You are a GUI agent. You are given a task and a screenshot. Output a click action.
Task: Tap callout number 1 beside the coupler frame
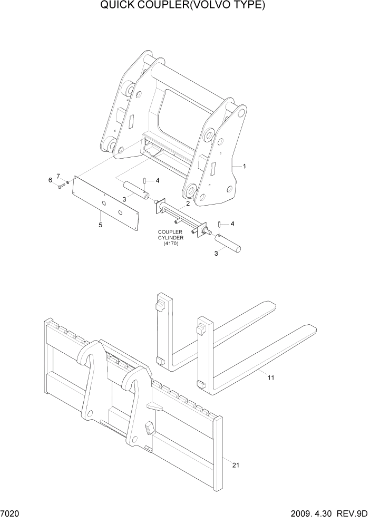pos(245,166)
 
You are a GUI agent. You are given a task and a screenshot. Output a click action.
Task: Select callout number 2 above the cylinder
pos(187,204)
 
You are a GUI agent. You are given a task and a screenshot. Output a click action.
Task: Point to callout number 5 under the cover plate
pos(100,225)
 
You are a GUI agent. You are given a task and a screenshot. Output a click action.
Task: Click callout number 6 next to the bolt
pos(51,180)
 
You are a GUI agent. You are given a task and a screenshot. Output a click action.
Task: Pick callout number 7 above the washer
pos(59,176)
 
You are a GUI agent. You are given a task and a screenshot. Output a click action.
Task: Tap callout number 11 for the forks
pos(271,377)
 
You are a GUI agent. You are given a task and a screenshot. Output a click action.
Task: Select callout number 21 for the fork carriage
pos(235,464)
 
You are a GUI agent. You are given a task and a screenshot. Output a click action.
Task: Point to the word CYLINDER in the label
pos(170,237)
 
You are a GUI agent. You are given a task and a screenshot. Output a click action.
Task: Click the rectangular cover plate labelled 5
pos(105,203)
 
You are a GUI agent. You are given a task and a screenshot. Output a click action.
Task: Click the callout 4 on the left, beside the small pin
pos(157,181)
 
